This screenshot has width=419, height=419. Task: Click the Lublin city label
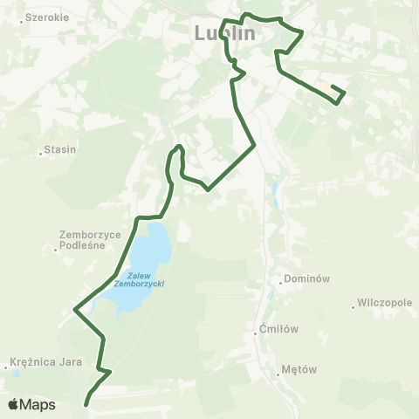[223, 33]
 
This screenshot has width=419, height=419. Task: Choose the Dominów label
[306, 280]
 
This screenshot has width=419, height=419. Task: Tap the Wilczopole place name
[385, 306]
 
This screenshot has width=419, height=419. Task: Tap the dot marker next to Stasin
[41, 155]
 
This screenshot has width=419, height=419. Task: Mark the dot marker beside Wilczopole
[354, 306]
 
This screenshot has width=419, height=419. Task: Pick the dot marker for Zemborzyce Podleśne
[55, 251]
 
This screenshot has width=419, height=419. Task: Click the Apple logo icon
[13, 404]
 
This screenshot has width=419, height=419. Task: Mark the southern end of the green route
[86, 404]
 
